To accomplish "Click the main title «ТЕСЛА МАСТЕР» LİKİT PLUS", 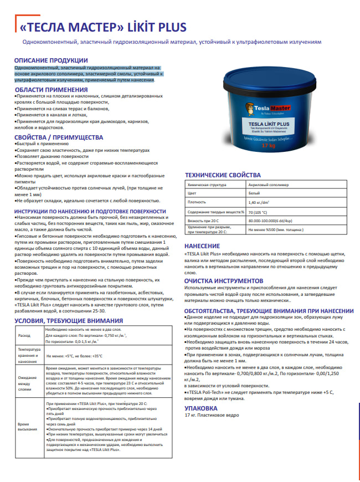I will [103, 28].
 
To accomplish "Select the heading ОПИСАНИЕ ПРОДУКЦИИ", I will [51, 60].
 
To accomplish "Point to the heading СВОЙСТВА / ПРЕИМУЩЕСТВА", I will [59, 137].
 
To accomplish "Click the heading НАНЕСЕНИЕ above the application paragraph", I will [202, 245].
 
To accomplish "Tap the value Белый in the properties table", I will [255, 192].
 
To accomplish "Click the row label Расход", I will [25, 336].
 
